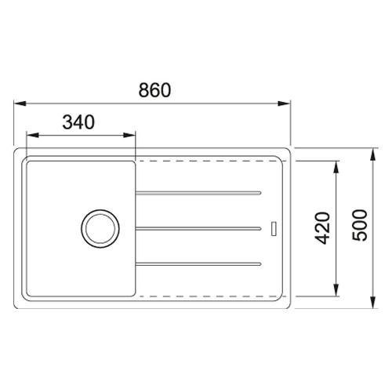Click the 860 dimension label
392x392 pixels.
[x=154, y=90]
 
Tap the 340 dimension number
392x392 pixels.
[x=78, y=122]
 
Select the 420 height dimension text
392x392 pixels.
[x=322, y=228]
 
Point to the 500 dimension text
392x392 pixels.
[x=360, y=225]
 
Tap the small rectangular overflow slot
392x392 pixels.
[x=274, y=229]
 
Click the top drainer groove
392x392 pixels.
[x=198, y=193]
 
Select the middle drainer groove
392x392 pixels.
[x=198, y=229]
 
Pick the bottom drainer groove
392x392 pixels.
[x=198, y=264]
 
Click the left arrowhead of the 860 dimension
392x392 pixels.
[x=20, y=103]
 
